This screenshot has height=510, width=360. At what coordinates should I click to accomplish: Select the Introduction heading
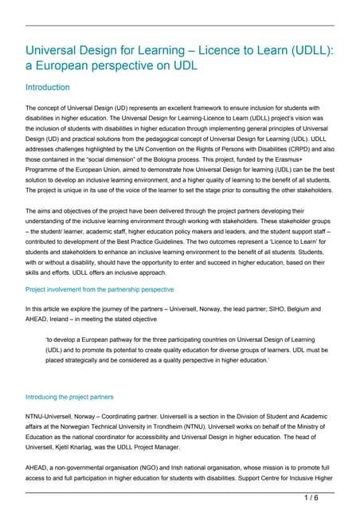point(48,87)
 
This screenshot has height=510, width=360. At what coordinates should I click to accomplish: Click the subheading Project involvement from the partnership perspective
point(100,289)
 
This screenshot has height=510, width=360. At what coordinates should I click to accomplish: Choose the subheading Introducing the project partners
point(69,396)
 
